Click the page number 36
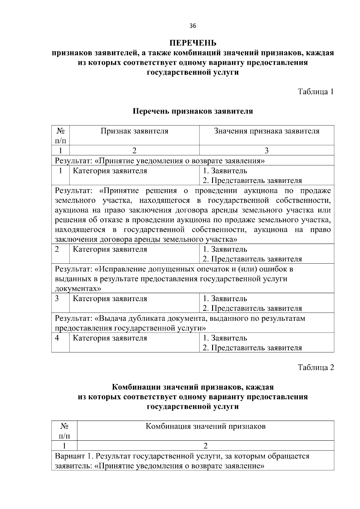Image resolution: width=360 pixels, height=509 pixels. click(x=193, y=26)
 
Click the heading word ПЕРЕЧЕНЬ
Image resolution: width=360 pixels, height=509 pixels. click(x=193, y=43)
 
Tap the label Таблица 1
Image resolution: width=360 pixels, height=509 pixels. click(x=316, y=91)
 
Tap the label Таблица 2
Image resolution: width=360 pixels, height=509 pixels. click(x=316, y=367)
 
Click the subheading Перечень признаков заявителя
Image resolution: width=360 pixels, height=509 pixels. click(x=193, y=111)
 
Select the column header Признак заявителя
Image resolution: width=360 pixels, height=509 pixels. click(x=134, y=131)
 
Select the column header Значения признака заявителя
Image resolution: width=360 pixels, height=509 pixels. click(x=266, y=131)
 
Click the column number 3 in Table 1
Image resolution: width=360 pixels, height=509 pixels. click(x=266, y=151)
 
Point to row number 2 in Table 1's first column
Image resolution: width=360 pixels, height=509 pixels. click(x=57, y=249)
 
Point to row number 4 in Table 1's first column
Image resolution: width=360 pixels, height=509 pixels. click(x=57, y=338)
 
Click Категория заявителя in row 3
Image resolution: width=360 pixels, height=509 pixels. click(x=110, y=299)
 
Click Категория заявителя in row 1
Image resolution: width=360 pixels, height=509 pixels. click(x=110, y=171)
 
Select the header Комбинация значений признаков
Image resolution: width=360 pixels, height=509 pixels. click(x=205, y=427)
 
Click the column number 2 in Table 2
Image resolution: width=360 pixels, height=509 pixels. click(x=205, y=446)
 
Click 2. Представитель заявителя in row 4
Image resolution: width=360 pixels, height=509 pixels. click(x=252, y=348)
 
